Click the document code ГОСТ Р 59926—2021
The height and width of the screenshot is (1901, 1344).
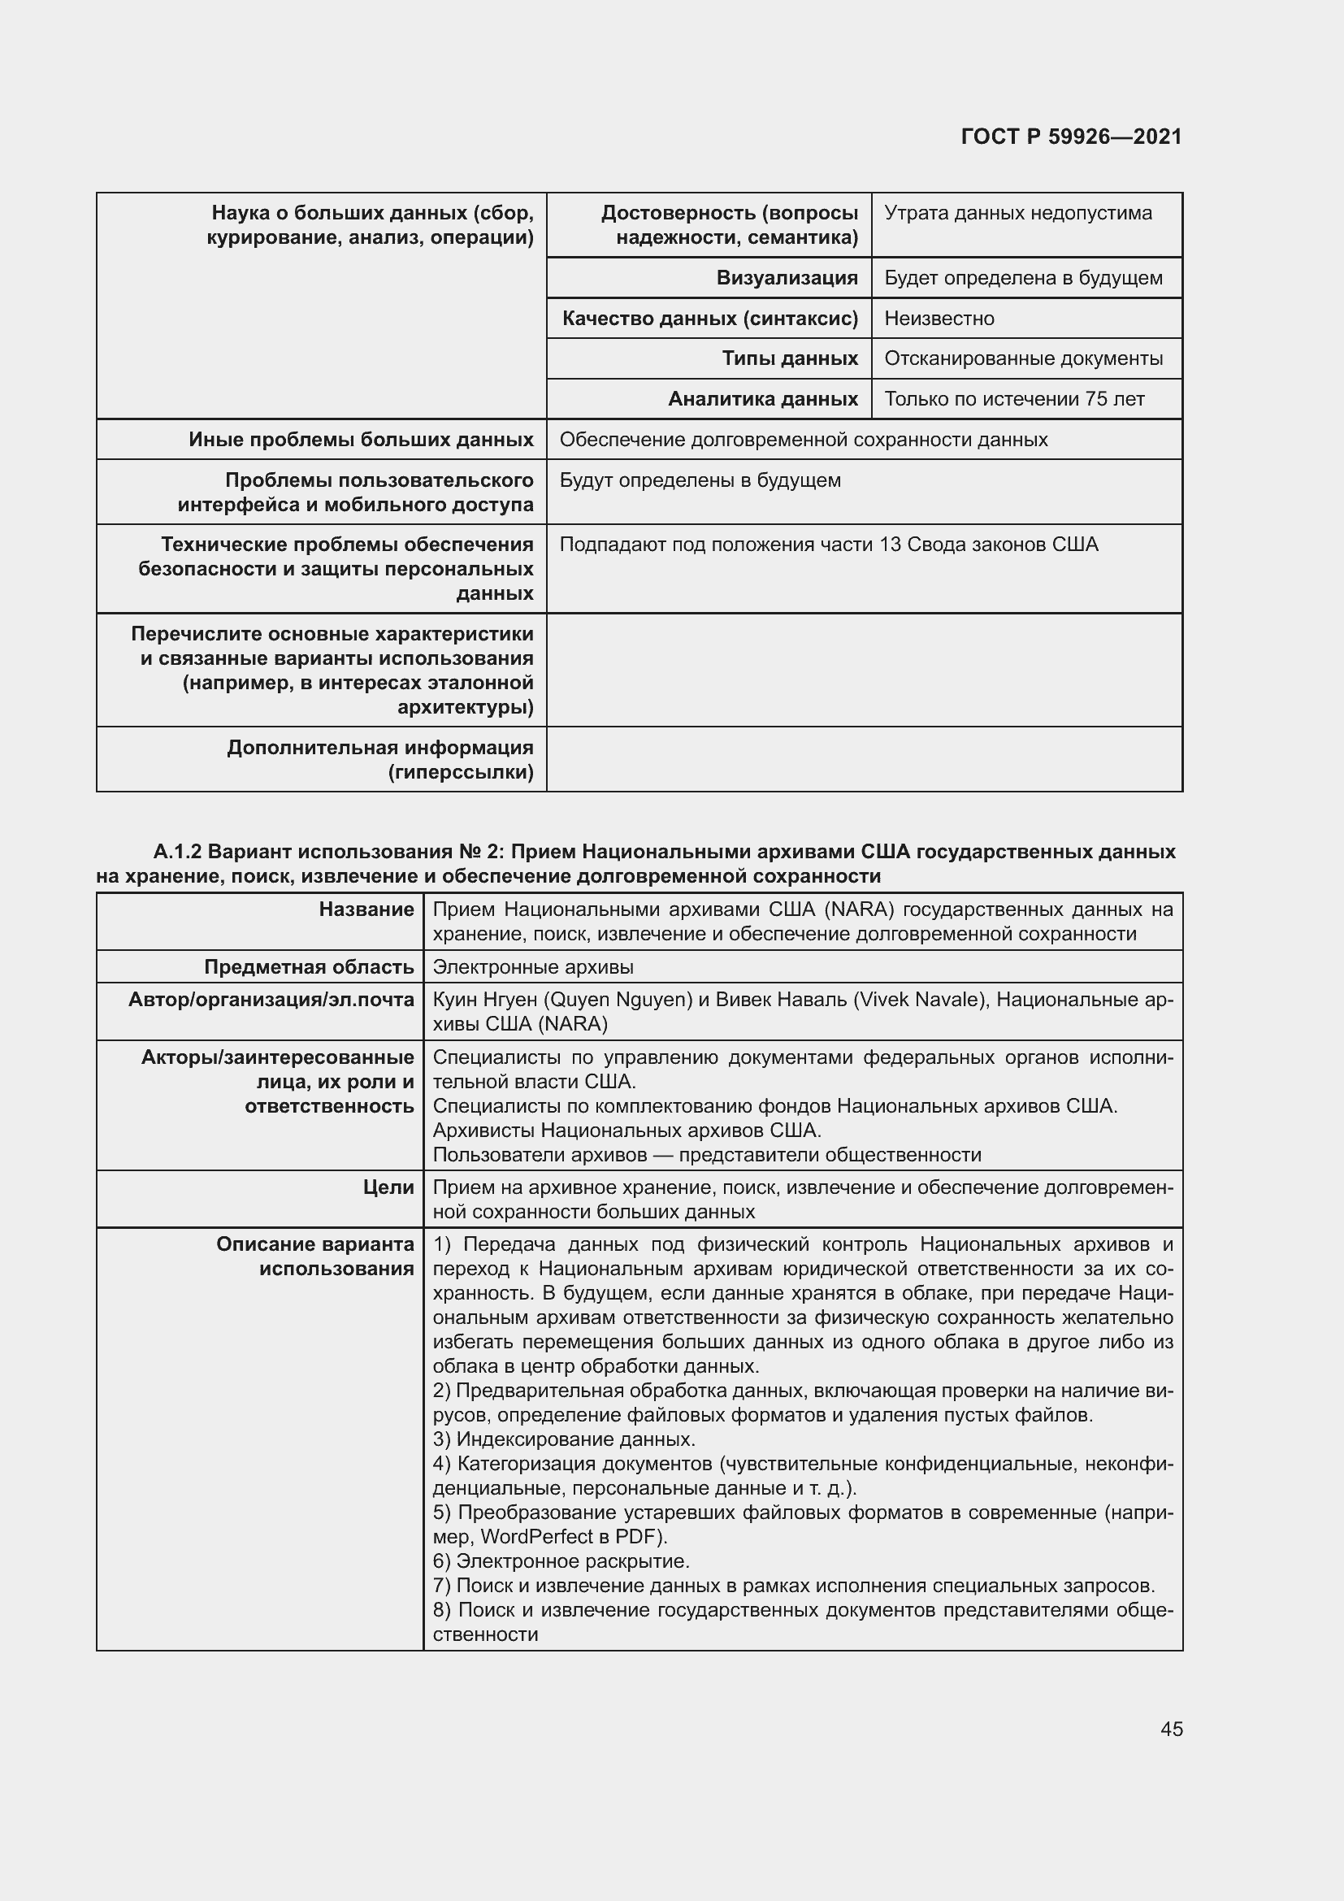click(x=1071, y=137)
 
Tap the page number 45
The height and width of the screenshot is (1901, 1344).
click(x=1171, y=1729)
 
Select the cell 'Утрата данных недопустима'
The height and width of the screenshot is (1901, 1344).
click(x=1017, y=213)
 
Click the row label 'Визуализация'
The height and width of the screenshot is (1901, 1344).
click(x=787, y=277)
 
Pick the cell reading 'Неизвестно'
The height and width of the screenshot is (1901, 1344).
click(x=939, y=318)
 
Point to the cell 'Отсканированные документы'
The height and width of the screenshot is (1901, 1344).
click(x=1023, y=358)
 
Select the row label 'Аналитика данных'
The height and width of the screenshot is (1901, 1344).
click(x=762, y=399)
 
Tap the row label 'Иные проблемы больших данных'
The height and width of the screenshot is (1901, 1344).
click(x=361, y=439)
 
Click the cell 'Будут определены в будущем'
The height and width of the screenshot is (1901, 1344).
click(x=700, y=480)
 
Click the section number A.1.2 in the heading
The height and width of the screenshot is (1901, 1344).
click(x=177, y=851)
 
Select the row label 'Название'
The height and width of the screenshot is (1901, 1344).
click(x=366, y=909)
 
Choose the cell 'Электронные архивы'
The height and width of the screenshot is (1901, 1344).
click(x=533, y=966)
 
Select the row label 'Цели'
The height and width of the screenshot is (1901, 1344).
click(x=388, y=1187)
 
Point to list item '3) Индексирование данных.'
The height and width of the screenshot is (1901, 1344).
click(x=564, y=1439)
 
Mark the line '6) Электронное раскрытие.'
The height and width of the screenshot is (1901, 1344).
click(x=561, y=1560)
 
